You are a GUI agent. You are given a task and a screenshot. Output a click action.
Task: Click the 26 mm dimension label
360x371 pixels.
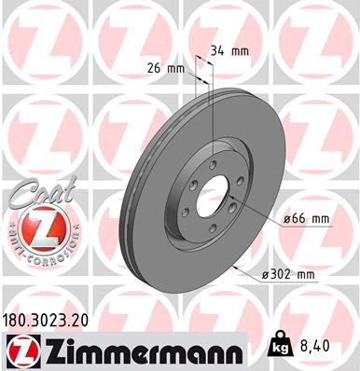pos(166,67)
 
